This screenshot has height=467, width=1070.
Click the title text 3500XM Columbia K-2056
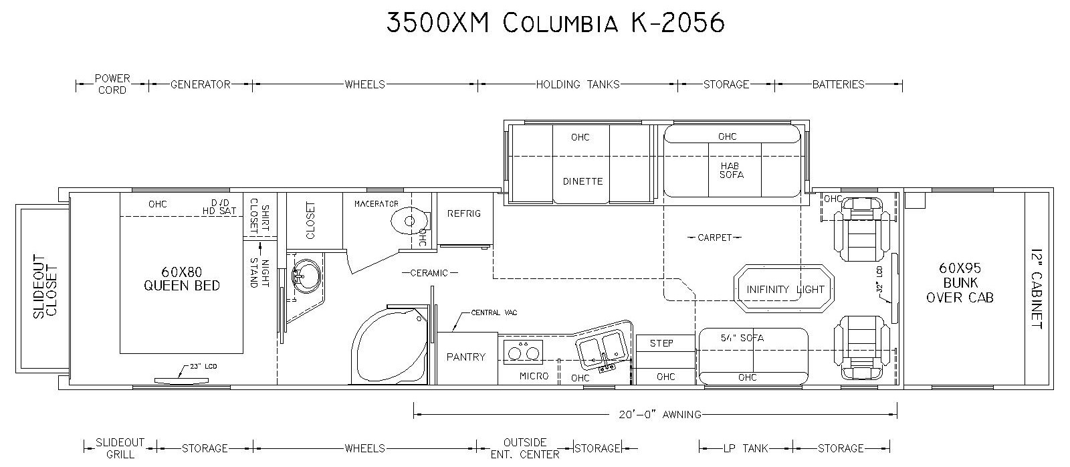pos(556,23)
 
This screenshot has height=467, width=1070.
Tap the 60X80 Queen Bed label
pos(181,279)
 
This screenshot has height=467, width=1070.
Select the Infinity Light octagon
pos(784,289)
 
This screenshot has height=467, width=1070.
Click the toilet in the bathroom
pos(411,221)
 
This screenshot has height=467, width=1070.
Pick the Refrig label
pos(464,213)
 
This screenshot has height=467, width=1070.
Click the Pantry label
pos(465,357)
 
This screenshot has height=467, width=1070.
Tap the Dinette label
pos(582,181)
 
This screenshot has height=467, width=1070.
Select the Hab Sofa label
pos(731,171)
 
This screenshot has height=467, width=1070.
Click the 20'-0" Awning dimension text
pos(660,414)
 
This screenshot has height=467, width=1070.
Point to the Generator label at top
pos(201,84)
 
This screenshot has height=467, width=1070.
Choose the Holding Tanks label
pos(578,84)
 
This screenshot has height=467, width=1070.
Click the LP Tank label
pos(745,448)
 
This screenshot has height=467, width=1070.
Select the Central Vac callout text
pos(494,312)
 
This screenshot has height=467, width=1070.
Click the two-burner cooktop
pos(523,353)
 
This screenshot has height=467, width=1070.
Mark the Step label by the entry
pos(661,343)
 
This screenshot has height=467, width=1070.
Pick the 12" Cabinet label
pos(1036,288)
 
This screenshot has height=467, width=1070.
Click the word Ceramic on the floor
pos(429,273)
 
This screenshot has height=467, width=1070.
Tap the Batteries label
pos(839,84)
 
